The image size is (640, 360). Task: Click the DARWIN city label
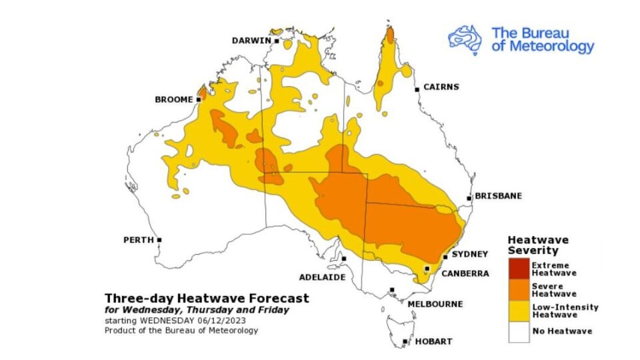pyautogui.click(x=251, y=41)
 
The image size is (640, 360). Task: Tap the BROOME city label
pyautogui.click(x=173, y=99)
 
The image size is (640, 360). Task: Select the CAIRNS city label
pyautogui.click(x=441, y=87)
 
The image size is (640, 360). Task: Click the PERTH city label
pyautogui.click(x=139, y=239)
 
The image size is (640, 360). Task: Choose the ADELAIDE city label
pyautogui.click(x=322, y=276)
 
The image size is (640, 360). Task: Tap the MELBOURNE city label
pyautogui.click(x=435, y=304)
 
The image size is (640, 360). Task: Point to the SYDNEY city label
pyautogui.click(x=470, y=254)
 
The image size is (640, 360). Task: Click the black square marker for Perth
pyautogui.click(x=159, y=239)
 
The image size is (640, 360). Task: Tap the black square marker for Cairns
pyautogui.click(x=417, y=89)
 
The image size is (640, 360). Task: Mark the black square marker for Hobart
pyautogui.click(x=405, y=343)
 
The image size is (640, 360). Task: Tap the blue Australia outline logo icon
pyautogui.click(x=465, y=39)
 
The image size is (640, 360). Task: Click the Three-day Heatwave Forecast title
pyautogui.click(x=207, y=298)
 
